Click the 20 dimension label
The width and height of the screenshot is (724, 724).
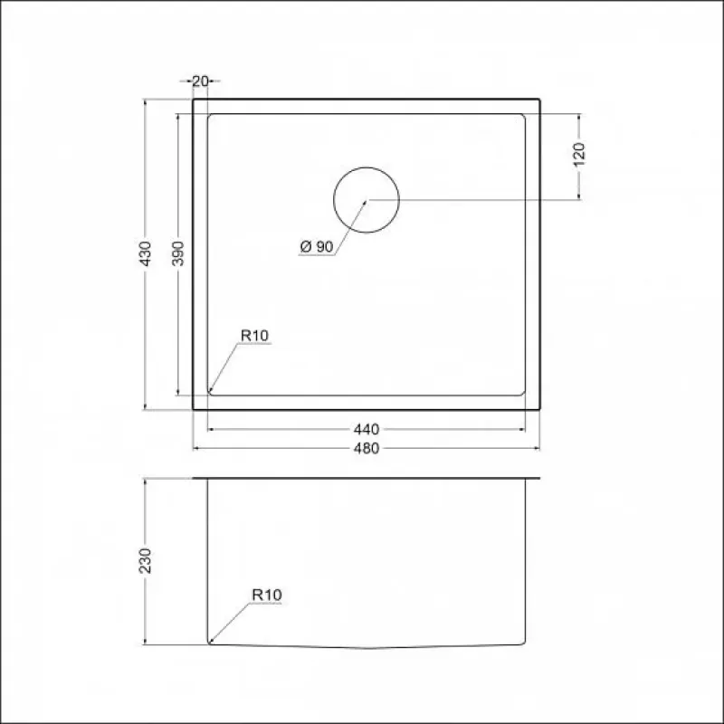[200, 81]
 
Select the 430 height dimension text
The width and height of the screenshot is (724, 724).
[146, 253]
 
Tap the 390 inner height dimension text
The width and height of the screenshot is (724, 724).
[177, 253]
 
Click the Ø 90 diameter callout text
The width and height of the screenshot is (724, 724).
[317, 246]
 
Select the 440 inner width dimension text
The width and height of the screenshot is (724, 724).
[367, 429]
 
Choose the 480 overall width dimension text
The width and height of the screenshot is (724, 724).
[367, 448]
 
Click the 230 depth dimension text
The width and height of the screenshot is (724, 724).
[146, 560]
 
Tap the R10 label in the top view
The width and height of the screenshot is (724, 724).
[254, 336]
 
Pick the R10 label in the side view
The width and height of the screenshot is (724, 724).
[266, 595]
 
